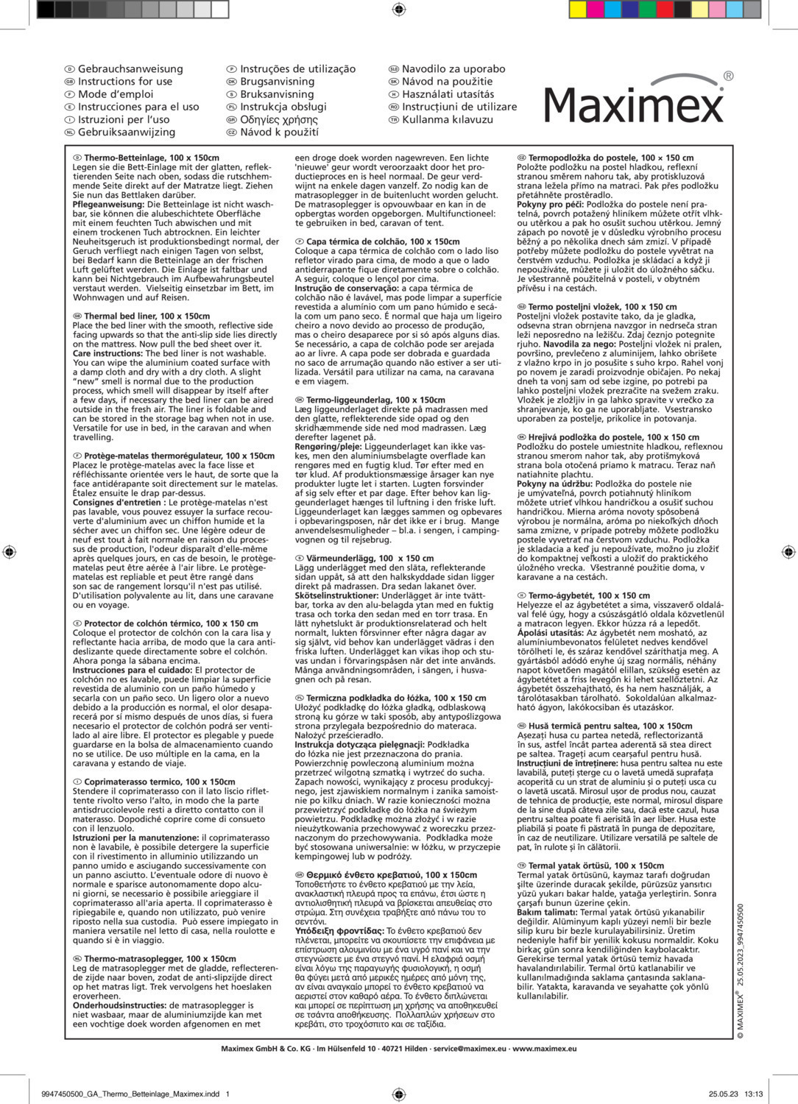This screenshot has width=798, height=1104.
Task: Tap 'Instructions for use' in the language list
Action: tap(125, 81)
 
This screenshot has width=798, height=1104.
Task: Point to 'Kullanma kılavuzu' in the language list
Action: tap(448, 119)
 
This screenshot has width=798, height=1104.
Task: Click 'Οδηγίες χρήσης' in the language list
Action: tap(279, 119)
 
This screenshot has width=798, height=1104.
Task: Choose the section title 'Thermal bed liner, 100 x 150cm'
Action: tap(146, 316)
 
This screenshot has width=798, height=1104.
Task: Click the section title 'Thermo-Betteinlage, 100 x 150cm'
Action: tap(152, 158)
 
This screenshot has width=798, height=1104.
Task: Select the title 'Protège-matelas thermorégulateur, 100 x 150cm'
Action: tap(179, 456)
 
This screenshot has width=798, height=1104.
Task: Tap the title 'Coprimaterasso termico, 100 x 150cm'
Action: tap(159, 782)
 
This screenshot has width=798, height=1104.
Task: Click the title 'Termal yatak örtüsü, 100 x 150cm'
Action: tap(596, 866)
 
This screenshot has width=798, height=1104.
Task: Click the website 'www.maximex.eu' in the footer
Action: tap(545, 1049)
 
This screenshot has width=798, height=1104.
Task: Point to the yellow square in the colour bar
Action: tap(578, 9)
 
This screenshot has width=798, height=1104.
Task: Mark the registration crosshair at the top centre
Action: tap(399, 9)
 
